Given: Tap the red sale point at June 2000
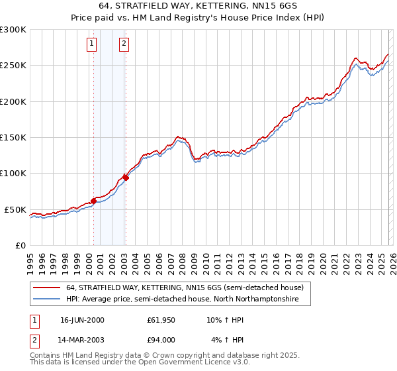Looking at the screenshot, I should tap(93, 201).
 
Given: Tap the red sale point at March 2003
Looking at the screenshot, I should tap(126, 178).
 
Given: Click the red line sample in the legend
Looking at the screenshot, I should tap(46, 288).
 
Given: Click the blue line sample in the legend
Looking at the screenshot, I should tap(46, 299).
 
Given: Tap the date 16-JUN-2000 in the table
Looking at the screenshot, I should tap(82, 320).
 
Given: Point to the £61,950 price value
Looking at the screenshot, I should tap(161, 320).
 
